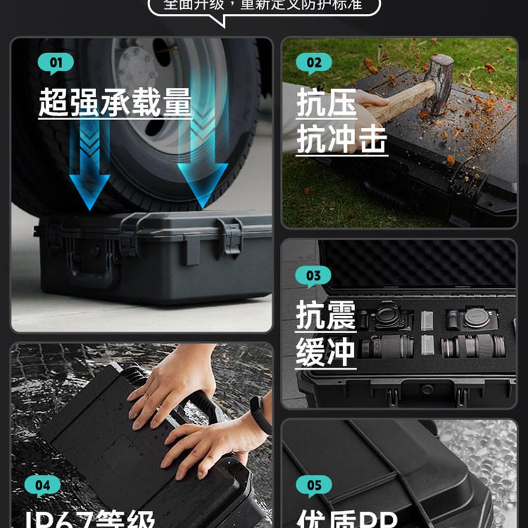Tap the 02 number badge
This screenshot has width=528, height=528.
click(313, 64)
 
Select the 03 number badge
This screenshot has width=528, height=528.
click(313, 276)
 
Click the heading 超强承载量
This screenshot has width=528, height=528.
click(115, 103)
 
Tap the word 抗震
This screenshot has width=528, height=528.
click(325, 315)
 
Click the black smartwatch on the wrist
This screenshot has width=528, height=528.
click(261, 414)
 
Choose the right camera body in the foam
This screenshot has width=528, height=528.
click(474, 317)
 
